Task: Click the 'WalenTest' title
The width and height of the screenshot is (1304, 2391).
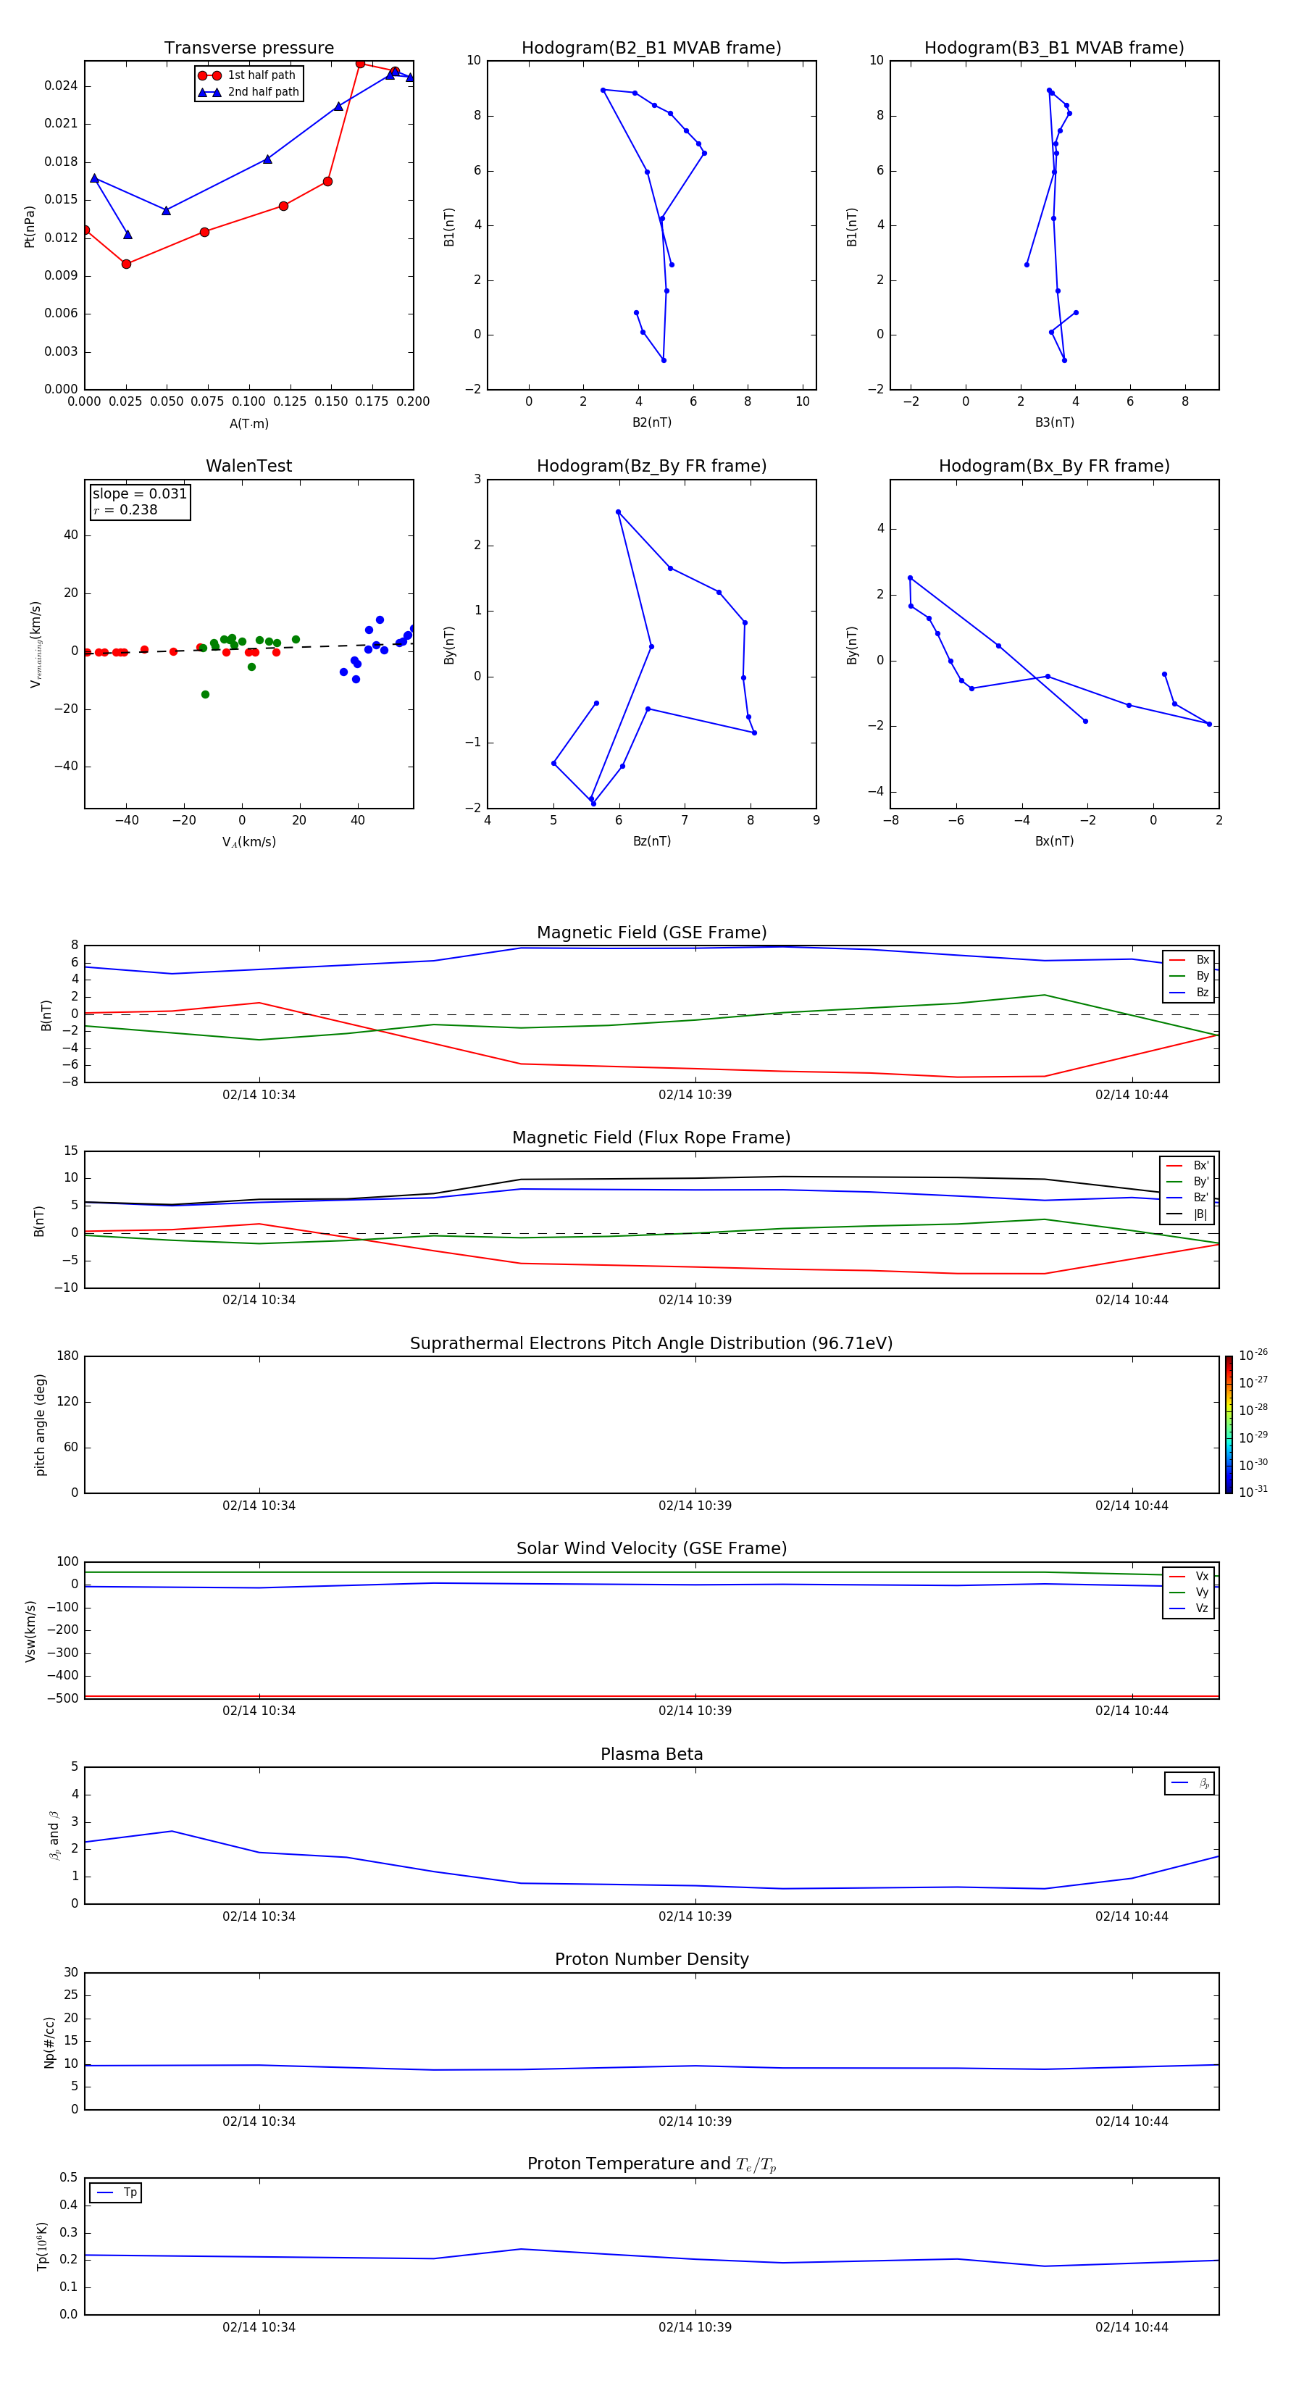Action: click(248, 466)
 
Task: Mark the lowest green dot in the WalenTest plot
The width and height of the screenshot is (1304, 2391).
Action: click(205, 694)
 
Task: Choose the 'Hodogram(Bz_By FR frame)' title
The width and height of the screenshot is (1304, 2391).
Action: click(651, 466)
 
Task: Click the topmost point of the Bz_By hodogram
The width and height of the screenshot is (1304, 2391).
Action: click(618, 512)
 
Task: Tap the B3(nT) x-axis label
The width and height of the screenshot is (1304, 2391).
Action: click(1054, 422)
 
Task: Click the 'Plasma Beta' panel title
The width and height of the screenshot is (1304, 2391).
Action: click(651, 1754)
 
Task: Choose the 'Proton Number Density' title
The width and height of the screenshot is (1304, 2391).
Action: click(651, 1959)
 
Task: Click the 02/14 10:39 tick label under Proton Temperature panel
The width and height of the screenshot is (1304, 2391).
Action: click(695, 2327)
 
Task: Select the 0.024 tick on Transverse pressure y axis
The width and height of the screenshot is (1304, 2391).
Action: click(60, 86)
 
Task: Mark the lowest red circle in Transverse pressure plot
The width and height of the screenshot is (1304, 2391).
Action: click(126, 264)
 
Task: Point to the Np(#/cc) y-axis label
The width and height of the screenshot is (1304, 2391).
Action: click(49, 2042)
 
